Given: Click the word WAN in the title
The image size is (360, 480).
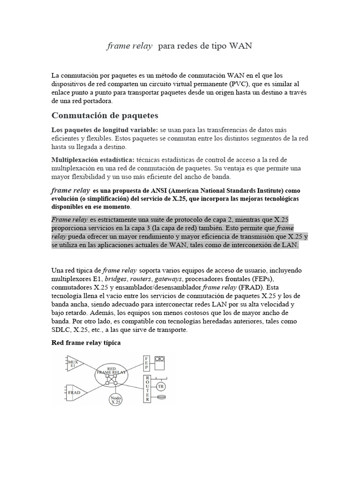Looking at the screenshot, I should (x=240, y=46).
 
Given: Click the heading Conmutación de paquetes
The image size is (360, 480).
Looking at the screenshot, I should (x=105, y=115).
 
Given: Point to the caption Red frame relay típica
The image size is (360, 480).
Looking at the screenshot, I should (x=86, y=343).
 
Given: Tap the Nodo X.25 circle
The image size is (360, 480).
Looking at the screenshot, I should (x=115, y=400).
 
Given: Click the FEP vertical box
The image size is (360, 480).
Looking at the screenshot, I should (x=147, y=363).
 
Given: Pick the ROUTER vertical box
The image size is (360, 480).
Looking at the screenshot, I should (x=147, y=388).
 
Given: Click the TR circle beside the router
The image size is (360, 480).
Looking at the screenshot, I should (x=161, y=386).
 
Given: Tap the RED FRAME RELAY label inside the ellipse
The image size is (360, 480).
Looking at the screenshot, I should (x=112, y=371).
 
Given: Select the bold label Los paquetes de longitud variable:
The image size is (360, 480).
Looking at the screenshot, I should (x=105, y=130).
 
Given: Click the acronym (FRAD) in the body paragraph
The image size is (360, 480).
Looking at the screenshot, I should (x=252, y=287).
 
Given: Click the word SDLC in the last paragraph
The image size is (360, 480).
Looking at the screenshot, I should (x=61, y=330).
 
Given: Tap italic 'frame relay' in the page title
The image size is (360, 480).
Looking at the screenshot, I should (x=130, y=46).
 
